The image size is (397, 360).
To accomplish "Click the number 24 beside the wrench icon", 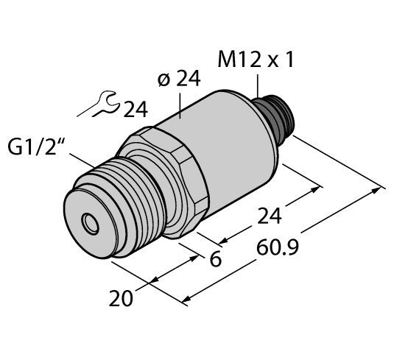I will [x=135, y=110].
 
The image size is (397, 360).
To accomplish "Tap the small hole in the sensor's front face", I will [x=90, y=220].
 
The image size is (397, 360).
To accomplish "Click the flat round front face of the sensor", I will [x=85, y=217].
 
